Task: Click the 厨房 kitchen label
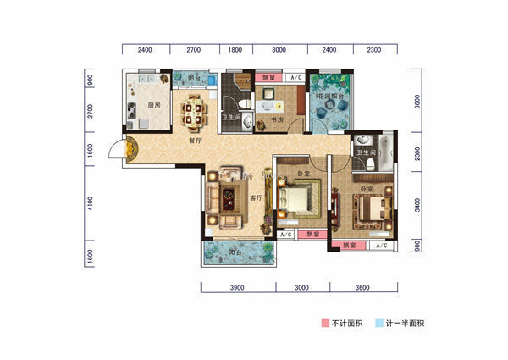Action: tap(154, 106)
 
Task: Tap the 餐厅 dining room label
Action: tap(196, 141)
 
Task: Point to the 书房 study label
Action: tap(277, 120)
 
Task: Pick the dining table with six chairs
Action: tap(196, 108)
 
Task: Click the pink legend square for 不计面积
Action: tap(324, 323)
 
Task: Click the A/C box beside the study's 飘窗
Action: tap(295, 78)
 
